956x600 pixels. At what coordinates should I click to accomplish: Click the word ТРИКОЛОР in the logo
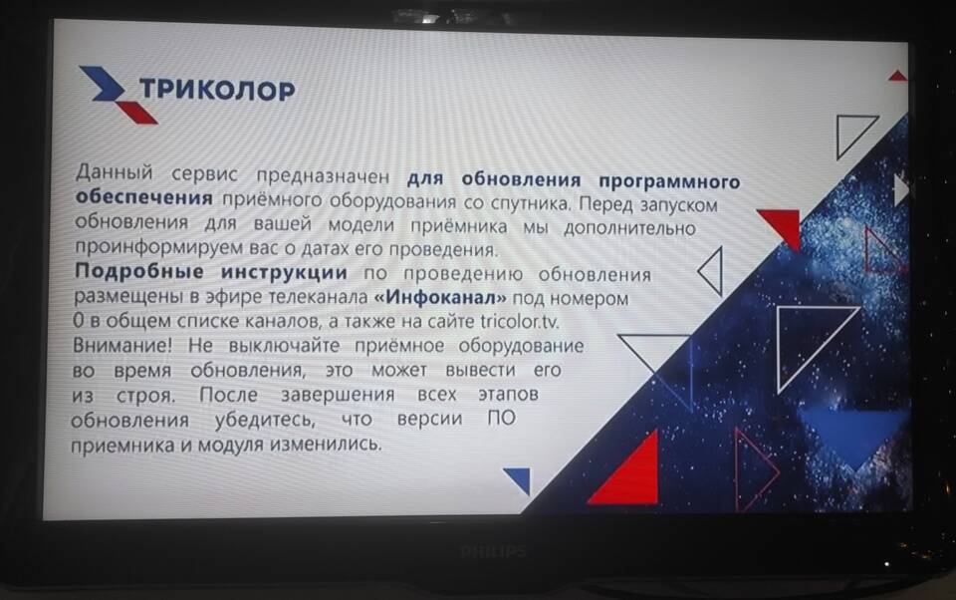pos(217,90)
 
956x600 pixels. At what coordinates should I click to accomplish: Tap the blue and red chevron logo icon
pos(119,95)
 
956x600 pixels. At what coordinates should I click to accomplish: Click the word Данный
pos(114,172)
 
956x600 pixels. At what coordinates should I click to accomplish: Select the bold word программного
pos(669,180)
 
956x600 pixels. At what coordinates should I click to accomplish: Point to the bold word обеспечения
pos(143,197)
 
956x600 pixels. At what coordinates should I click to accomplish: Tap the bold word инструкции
pos(284,272)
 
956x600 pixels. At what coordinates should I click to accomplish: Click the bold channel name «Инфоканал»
pos(440,297)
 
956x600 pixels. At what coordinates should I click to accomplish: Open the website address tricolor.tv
pos(520,321)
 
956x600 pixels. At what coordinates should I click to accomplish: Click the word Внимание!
pos(122,345)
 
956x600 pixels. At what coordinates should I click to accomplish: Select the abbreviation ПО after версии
pos(501,419)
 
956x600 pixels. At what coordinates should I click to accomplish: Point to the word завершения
pos(338,395)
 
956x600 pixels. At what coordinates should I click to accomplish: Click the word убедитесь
pos(265,420)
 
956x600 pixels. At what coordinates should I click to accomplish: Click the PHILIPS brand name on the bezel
pos(493,552)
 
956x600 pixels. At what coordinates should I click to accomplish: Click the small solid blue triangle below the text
pos(520,478)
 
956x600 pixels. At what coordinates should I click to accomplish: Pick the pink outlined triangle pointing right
pos(753,469)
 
